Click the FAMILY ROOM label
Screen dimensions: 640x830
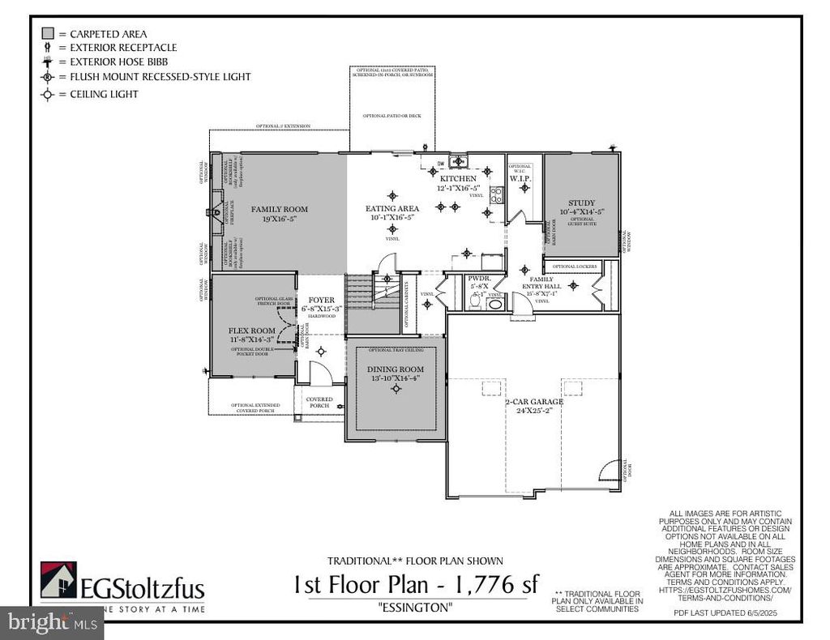click(279, 209)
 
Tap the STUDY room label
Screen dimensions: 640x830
click(581, 203)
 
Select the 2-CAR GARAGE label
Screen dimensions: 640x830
click(535, 403)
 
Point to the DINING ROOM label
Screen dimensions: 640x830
click(396, 369)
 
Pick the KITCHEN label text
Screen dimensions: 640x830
click(459, 178)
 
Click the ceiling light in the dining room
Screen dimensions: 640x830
click(396, 389)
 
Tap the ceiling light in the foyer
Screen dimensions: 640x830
click(321, 352)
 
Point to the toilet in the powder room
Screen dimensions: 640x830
click(477, 302)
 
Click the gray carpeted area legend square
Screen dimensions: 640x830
click(48, 33)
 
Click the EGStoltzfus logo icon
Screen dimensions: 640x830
click(58, 580)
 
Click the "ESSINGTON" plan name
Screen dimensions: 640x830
click(415, 608)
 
